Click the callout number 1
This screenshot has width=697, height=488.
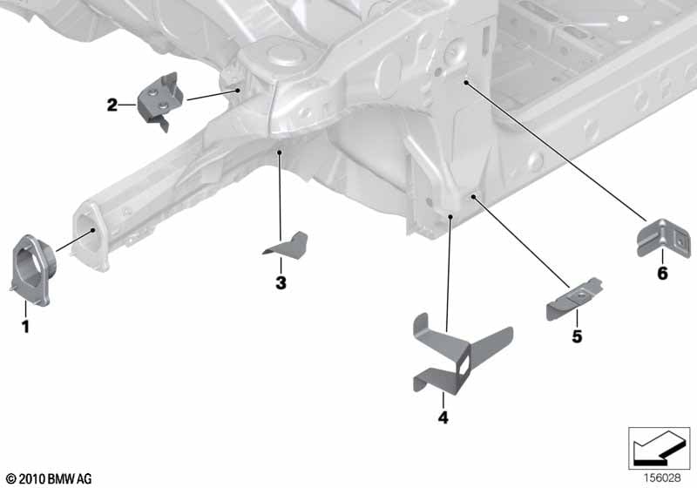pos(26,326)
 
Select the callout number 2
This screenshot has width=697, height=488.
pos(112,105)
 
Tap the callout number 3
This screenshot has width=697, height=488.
pos(281,282)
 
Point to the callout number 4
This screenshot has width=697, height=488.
pos(443,417)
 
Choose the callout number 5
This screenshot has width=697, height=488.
pos(577,336)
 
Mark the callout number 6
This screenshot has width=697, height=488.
pos(662,273)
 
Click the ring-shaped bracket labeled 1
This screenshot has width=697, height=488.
pos(31,271)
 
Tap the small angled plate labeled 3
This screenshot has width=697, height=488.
pos(287,246)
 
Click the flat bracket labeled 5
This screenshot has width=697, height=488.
pos(573,299)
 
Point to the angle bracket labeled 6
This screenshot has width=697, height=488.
pos(664,238)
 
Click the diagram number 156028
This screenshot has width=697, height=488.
pos(662,478)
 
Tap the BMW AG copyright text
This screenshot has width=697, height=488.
pos(50,478)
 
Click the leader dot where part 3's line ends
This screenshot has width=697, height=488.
pos(279,152)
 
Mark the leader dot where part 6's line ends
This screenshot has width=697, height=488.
pos(466,82)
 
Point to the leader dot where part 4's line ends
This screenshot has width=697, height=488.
pos(450,216)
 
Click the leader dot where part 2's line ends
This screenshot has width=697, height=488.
pos(238,91)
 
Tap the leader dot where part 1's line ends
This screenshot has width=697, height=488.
pos(93,230)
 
